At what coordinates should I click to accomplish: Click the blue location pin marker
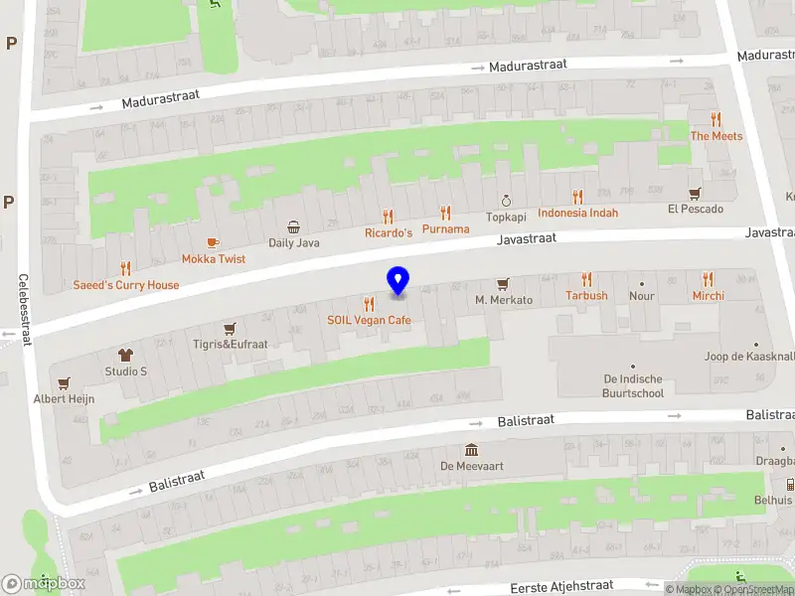point(397,281)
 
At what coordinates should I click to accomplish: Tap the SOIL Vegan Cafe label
point(369,320)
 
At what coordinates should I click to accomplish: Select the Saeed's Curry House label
point(126,285)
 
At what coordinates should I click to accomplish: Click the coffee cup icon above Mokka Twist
point(212,242)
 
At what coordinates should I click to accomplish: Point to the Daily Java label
point(293,242)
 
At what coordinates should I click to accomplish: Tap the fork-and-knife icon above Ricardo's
point(388,217)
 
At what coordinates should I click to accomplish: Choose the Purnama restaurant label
point(445,228)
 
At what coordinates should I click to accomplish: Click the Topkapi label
point(505,217)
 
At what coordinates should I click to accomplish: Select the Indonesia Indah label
point(577,213)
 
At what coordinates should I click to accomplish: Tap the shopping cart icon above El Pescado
point(696,193)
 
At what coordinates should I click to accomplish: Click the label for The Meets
point(716,136)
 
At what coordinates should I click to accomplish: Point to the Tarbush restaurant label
point(586,295)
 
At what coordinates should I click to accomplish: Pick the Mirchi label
point(709,295)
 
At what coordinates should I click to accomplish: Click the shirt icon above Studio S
point(126,355)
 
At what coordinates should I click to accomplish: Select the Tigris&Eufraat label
point(230,344)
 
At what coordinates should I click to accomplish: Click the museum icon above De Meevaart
point(472,449)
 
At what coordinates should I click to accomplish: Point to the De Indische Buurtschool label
point(633,386)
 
